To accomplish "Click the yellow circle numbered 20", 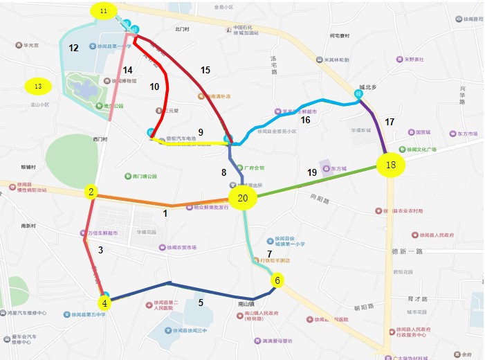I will coord(242,199).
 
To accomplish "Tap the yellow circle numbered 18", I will coord(392,165).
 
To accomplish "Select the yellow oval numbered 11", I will coord(104,12).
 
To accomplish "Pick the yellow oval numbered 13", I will coord(39,87).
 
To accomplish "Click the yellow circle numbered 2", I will coord(91,192).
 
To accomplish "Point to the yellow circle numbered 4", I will coord(104,303).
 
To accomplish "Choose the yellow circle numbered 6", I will coord(277,280).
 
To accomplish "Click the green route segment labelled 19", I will coord(318,181).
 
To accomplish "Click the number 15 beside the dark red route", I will coord(205,70).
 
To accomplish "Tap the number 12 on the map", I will coord(73,47).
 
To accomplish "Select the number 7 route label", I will coord(269,255).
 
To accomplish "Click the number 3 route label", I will coord(100,250).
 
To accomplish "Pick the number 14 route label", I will coord(127,70).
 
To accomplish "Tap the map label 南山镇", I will coord(246,303).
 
